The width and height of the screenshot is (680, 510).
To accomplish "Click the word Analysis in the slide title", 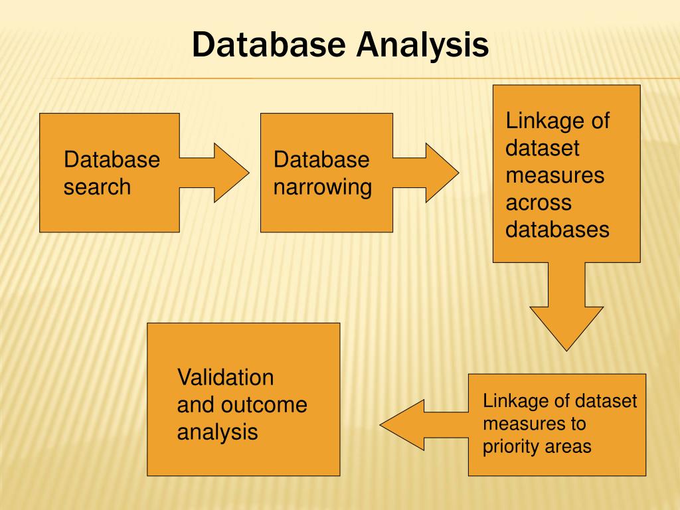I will tap(423, 45).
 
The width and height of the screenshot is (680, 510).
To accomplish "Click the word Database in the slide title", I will tap(269, 45).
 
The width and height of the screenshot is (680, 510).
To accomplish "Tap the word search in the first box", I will tap(97, 187).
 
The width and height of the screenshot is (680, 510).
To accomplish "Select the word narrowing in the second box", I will tap(323, 187).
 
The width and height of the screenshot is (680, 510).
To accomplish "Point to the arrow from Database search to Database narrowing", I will tap(212, 173).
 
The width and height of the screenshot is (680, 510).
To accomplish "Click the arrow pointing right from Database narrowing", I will tap(425, 173).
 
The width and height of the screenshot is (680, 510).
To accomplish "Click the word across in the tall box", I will tap(539, 203).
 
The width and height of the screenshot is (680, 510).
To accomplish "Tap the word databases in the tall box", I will tap(557, 229).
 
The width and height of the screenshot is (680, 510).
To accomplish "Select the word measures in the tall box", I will tap(554, 175).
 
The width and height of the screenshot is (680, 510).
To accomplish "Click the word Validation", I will tap(225, 377).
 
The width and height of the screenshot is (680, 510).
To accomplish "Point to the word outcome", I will tap(264, 404).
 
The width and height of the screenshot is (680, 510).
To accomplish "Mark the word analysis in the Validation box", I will tap(217, 432).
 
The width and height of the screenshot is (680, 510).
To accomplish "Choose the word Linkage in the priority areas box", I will tap(509, 401).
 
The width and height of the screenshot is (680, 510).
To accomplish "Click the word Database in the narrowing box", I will tap(321, 159).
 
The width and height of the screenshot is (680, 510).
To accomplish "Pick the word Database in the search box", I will tap(112, 159).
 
